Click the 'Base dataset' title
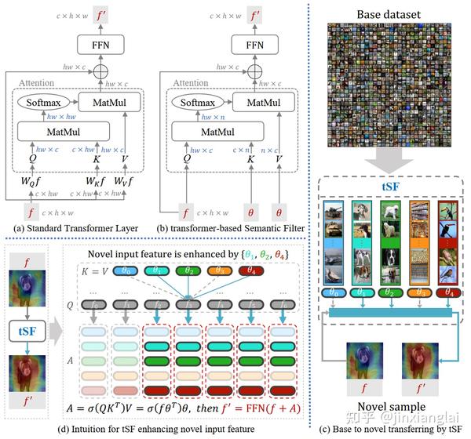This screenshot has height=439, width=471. (389, 14)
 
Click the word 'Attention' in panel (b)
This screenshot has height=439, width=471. (191, 82)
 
